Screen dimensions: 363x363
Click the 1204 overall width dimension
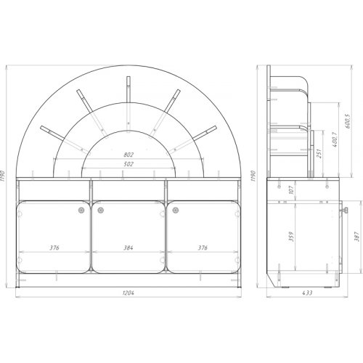129,293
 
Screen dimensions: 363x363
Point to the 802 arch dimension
129,155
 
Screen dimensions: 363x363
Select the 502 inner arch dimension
129,164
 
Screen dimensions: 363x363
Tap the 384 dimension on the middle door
129,248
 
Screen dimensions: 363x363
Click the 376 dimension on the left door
54,248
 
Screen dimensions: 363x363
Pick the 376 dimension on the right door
203,248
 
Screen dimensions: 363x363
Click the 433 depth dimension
307,293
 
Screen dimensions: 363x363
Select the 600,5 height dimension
348,121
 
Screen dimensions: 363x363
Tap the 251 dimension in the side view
319,153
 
